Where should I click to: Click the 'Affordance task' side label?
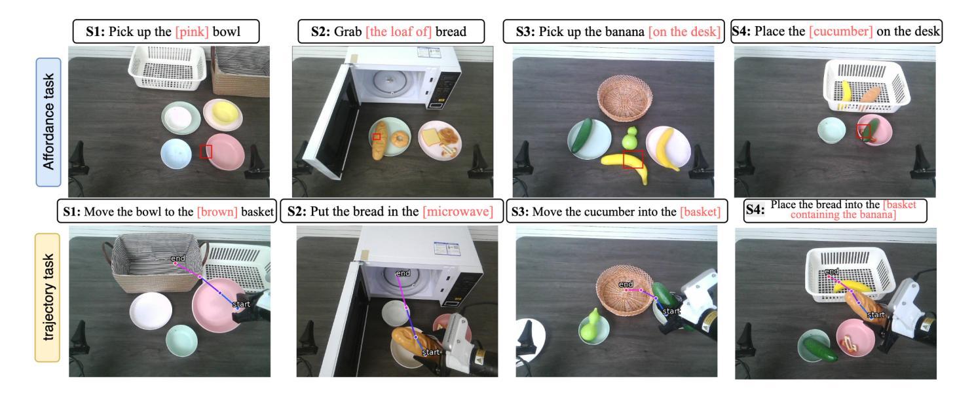48,122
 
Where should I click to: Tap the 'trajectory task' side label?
48,297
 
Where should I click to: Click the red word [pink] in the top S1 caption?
192,31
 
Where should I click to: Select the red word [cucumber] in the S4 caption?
840,31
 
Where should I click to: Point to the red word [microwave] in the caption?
458,211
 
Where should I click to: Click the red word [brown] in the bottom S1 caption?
217,211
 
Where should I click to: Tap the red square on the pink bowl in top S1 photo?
206,151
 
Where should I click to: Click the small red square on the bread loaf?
377,137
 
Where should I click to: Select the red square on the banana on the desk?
633,159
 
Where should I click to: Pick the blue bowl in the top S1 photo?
176,154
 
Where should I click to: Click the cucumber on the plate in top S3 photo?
582,135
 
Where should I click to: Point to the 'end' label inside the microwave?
403,273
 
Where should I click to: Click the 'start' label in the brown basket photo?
241,304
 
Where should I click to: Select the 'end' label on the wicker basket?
626,284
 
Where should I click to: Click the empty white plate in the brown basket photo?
151,310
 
